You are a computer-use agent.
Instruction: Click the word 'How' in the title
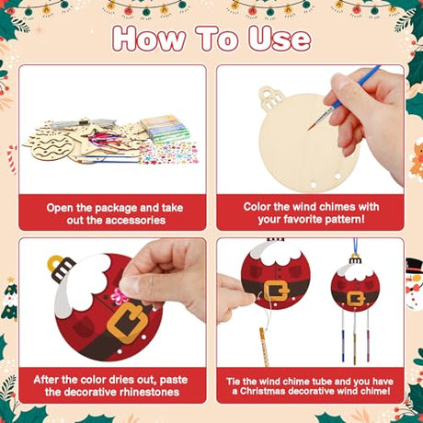pyautogui.click(x=149, y=39)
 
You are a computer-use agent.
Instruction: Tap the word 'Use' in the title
pyautogui.click(x=280, y=39)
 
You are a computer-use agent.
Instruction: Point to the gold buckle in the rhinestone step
pyautogui.click(x=128, y=322)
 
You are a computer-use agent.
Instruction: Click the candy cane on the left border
pyautogui.click(x=12, y=158)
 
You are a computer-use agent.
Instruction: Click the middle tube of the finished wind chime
pyautogui.click(x=355, y=337)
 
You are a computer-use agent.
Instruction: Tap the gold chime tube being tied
pyautogui.click(x=264, y=347)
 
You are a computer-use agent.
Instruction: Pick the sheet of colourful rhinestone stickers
pyautogui.click(x=167, y=153)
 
